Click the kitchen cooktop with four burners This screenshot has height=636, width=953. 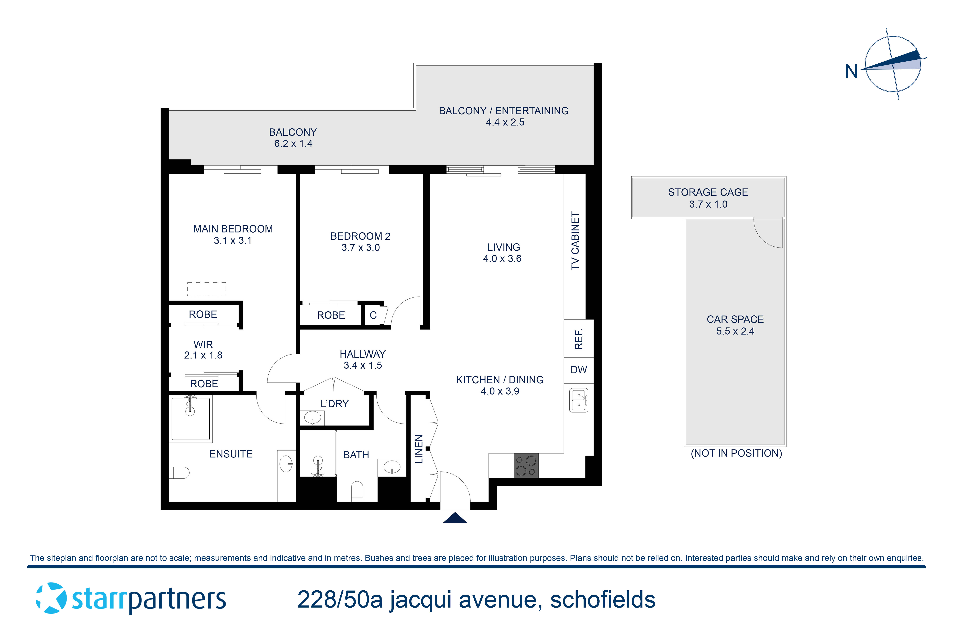tap(526, 465)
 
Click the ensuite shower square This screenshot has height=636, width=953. tap(190, 419)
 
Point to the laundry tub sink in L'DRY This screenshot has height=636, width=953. tap(312, 417)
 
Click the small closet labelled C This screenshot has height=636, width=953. tap(373, 315)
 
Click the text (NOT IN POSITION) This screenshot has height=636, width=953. tap(736, 453)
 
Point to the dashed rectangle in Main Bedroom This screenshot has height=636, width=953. tap(207, 289)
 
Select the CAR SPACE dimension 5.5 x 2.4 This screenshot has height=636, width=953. tap(735, 331)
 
